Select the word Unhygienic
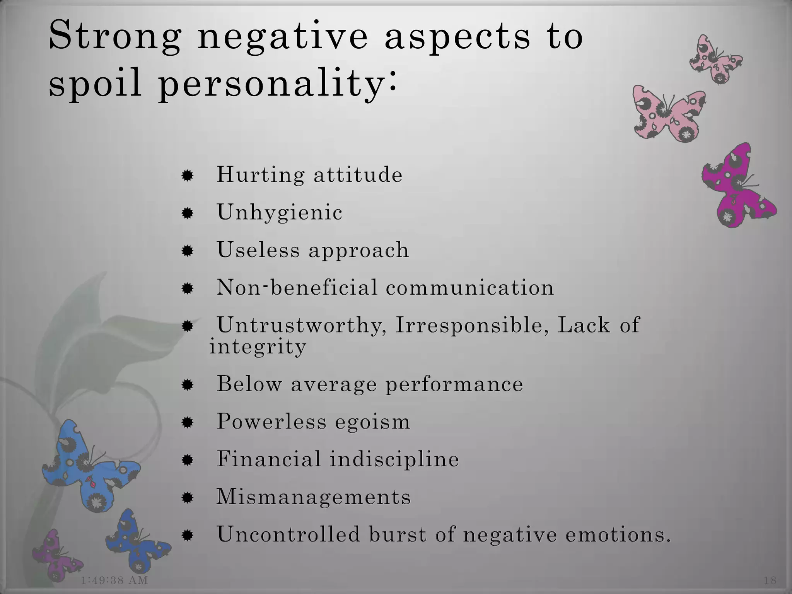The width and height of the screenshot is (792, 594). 280,212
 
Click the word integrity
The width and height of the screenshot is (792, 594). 258,346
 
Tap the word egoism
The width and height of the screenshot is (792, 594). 372,421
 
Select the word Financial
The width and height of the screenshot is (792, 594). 269,459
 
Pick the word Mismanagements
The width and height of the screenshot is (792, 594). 313,497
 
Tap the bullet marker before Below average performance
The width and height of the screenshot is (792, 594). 188,385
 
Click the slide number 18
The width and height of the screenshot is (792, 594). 770,580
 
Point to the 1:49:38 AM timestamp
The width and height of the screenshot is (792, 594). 115,580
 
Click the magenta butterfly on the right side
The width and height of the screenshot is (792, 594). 737,186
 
